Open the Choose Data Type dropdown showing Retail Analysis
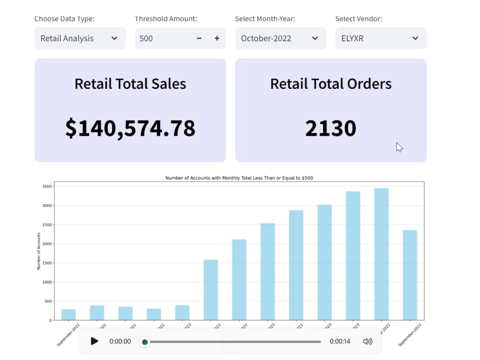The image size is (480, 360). (x=80, y=38)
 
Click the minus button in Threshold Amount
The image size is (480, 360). (x=199, y=38)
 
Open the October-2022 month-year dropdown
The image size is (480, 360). (x=280, y=38)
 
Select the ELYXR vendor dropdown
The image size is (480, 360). (x=381, y=38)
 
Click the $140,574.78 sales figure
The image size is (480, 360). (x=130, y=128)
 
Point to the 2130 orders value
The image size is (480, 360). (x=331, y=128)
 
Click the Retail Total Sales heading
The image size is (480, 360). (x=130, y=84)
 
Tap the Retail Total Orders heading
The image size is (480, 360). (x=331, y=84)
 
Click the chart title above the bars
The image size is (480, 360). (x=239, y=178)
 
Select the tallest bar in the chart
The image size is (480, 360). (x=381, y=254)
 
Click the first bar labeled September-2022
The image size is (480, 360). (x=69, y=315)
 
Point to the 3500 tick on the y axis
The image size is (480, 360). (x=47, y=186)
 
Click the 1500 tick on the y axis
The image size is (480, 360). (x=47, y=263)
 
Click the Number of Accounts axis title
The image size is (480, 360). (x=38, y=251)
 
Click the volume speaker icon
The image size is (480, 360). (x=368, y=341)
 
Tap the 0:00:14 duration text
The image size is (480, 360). (x=339, y=341)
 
